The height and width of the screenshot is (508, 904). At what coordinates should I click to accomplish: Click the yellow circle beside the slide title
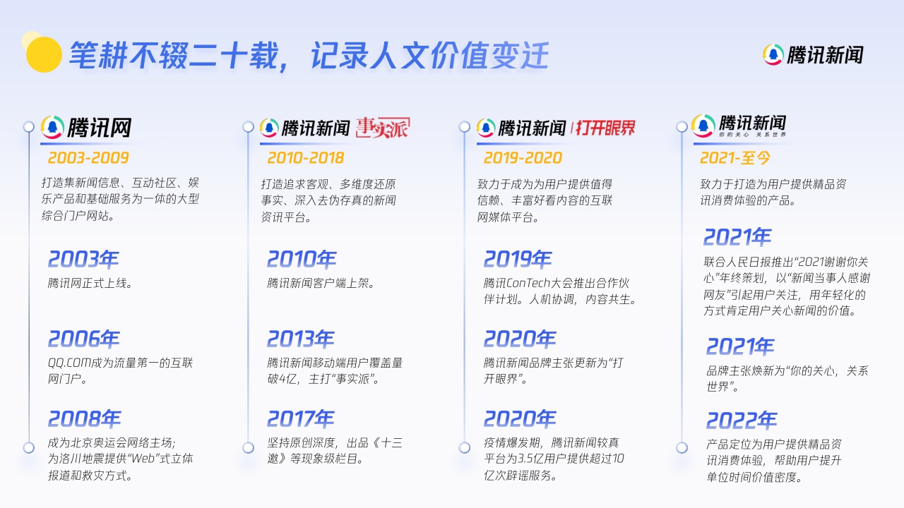click(43, 54)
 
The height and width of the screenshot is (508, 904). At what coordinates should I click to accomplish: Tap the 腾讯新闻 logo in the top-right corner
click(813, 54)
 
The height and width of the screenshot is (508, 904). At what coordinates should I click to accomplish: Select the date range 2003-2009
click(88, 157)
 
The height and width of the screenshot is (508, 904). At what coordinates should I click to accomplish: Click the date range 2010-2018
click(306, 157)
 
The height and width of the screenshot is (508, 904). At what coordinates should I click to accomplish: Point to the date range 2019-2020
click(523, 157)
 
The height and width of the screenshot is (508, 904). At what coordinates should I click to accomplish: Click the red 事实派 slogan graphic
click(382, 128)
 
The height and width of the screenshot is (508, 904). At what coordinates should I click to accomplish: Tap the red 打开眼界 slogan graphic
click(605, 128)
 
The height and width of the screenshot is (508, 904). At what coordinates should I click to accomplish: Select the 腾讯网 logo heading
click(86, 128)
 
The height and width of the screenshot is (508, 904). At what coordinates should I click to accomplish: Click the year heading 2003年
click(83, 260)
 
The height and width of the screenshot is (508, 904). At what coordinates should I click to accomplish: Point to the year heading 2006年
click(83, 339)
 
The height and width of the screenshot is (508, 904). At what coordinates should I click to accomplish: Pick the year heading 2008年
click(84, 419)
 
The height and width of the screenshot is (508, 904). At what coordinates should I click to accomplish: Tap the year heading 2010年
click(302, 260)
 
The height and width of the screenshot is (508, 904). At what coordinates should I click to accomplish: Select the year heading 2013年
click(301, 339)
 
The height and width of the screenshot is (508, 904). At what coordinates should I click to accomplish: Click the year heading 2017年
click(301, 419)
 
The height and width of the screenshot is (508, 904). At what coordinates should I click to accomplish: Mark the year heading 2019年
click(518, 260)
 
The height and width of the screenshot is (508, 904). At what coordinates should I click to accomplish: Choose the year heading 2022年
click(742, 421)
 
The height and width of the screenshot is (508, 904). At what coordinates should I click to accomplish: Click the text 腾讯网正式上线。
click(90, 284)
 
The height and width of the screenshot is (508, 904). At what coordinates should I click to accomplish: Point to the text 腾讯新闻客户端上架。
click(321, 284)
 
